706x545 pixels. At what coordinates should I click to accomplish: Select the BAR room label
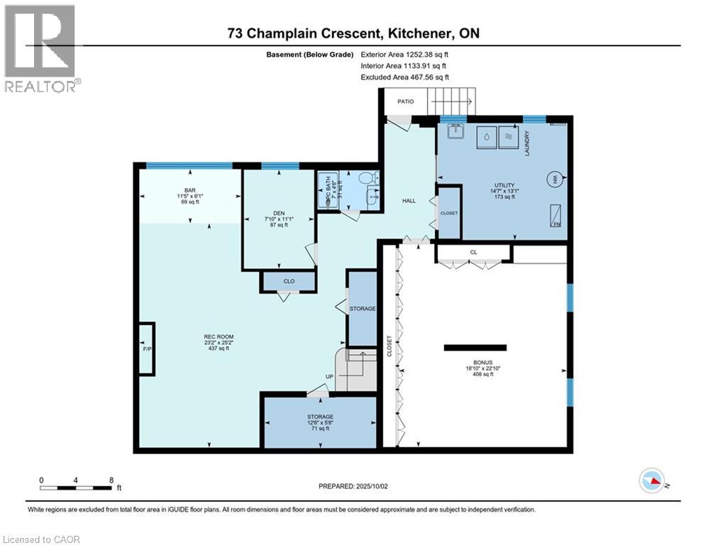[x=189, y=190]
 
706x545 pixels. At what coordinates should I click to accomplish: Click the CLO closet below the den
[x=289, y=282]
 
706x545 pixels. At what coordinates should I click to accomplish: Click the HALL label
[x=409, y=201]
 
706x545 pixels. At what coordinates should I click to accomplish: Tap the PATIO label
[x=405, y=101]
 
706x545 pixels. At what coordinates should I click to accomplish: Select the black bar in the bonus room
[x=475, y=348]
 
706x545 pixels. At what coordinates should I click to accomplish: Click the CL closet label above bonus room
[x=473, y=251]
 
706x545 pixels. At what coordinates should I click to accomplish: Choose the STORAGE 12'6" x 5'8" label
[x=320, y=417]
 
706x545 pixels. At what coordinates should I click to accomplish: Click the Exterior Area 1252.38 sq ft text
[x=405, y=54]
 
